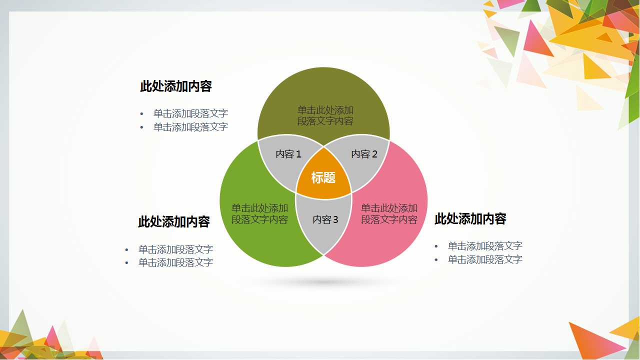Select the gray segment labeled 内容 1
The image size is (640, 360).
tap(288, 154)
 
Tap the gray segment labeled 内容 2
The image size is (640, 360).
tap(364, 154)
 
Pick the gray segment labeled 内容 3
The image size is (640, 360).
tap(325, 220)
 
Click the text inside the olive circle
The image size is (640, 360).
tap(325, 115)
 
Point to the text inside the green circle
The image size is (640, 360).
tap(259, 214)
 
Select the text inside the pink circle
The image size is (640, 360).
tap(389, 214)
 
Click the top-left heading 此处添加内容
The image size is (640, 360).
tap(176, 86)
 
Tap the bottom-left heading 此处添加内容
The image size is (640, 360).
tap(174, 222)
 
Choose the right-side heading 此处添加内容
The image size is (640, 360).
tap(470, 219)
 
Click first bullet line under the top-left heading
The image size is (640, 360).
tap(190, 113)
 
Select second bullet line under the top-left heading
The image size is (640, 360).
tap(190, 127)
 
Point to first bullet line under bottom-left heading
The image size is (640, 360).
tap(175, 249)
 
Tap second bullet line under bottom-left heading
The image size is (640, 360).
tap(175, 262)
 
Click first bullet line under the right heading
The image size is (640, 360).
tap(485, 246)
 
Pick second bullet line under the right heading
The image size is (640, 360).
tap(485, 259)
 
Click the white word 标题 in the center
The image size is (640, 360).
tap(323, 177)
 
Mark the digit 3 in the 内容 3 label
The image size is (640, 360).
tap(335, 220)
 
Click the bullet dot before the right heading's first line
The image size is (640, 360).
tap(436, 246)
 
